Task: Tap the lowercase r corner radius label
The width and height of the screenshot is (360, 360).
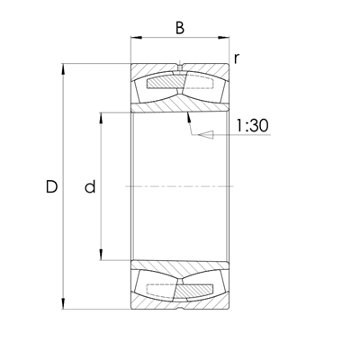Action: (236, 58)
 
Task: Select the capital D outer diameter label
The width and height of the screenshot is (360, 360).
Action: (51, 187)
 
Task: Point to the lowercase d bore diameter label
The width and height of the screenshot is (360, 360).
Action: (89, 187)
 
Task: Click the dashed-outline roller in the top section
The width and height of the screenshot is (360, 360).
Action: (202, 86)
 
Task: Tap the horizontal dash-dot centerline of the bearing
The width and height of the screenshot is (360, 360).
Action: (179, 186)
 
